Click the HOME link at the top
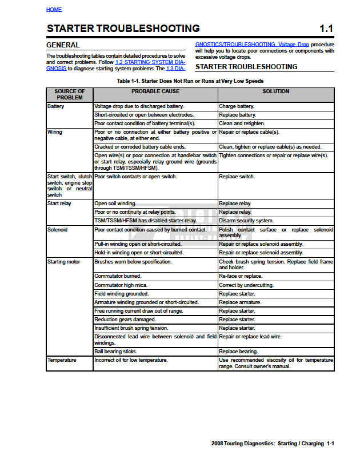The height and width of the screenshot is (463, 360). [54, 10]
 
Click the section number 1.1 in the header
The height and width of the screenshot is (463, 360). [326, 29]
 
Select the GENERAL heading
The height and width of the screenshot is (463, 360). [63, 45]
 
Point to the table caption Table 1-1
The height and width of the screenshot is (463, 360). [190, 81]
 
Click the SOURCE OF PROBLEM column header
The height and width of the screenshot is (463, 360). [70, 94]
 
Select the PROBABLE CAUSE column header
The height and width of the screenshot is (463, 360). [155, 91]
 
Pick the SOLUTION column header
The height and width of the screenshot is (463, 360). [276, 91]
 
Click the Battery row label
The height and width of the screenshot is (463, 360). [56, 106]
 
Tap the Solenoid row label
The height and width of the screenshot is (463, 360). [58, 230]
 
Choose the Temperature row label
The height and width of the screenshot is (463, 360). [62, 360]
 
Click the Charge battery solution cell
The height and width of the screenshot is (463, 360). [237, 106]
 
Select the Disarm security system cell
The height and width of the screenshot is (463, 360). [246, 221]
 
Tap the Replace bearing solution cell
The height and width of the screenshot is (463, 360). [238, 352]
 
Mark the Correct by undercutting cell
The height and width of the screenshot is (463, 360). [246, 285]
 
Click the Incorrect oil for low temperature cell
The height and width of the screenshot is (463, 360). [131, 360]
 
